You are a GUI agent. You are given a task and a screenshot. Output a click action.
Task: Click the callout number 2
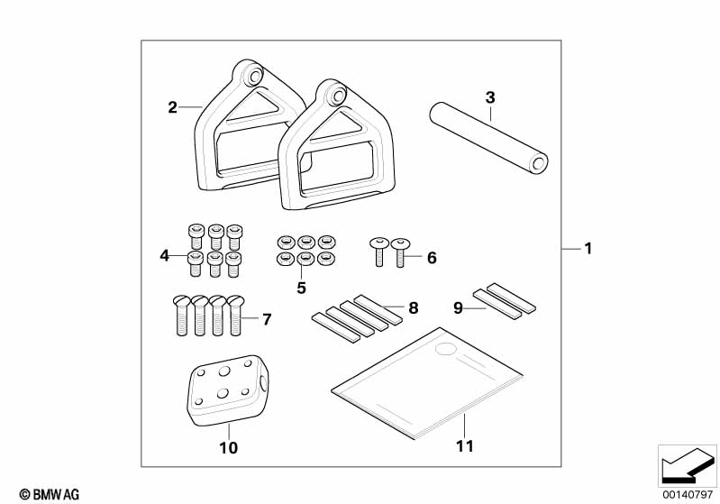[172, 107]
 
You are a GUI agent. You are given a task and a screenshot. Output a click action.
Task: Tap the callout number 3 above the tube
[490, 97]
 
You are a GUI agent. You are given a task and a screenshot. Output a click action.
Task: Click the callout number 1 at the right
[588, 249]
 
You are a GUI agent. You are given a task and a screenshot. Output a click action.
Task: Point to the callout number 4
[164, 255]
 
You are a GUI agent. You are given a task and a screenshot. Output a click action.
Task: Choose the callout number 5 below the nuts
[301, 289]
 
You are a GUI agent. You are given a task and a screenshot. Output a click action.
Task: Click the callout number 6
[432, 258]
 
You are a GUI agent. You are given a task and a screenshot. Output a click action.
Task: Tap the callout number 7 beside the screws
[267, 319]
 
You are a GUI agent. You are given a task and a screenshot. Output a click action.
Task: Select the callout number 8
[414, 307]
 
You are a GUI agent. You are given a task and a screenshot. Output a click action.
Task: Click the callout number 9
[458, 307]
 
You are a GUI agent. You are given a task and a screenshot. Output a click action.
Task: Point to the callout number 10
[229, 447]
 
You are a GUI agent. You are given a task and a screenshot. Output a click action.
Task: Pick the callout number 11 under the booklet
[465, 445]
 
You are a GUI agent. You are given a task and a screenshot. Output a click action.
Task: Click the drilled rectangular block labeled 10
[227, 390]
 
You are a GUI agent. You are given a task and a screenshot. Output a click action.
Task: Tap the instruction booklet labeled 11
[427, 383]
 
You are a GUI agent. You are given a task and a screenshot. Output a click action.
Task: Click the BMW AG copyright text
[50, 494]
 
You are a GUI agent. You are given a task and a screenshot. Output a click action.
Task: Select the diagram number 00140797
[688, 494]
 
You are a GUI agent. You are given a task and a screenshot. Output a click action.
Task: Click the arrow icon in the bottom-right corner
[688, 465]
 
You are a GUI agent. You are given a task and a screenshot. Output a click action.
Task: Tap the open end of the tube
[538, 163]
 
